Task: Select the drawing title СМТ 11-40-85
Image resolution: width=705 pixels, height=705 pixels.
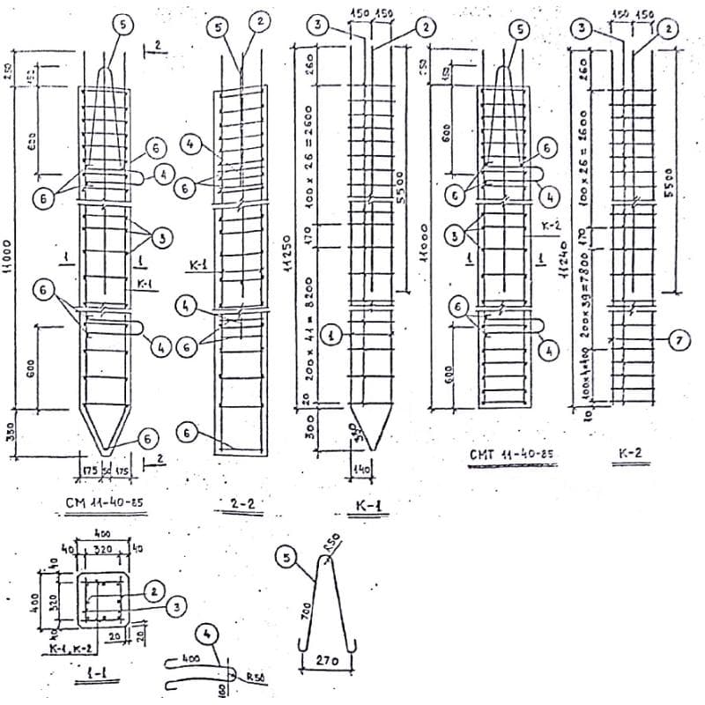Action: tap(510, 455)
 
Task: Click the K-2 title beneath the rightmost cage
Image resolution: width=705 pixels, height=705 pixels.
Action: tap(630, 456)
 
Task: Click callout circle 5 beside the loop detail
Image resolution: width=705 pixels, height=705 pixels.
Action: tap(286, 557)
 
